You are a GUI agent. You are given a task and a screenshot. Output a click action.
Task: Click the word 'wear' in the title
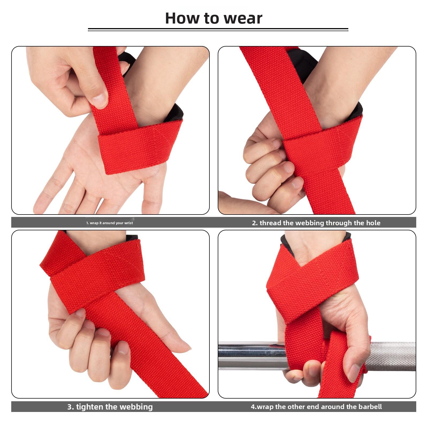pyautogui.click(x=243, y=18)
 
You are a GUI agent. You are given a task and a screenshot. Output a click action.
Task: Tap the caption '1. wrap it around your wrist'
pyautogui.click(x=109, y=223)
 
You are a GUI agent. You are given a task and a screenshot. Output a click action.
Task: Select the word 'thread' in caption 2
pyautogui.click(x=270, y=223)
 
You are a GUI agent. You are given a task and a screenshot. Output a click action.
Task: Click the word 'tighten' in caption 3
pyautogui.click(x=90, y=407)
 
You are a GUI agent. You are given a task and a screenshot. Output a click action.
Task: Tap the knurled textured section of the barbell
pyautogui.click(x=393, y=356)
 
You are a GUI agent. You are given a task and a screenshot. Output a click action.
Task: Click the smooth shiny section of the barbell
pyautogui.click(x=246, y=356)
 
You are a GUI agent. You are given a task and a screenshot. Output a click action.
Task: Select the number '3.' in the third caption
pyautogui.click(x=71, y=407)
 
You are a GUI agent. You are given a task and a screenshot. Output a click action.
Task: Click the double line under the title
pyautogui.click(x=218, y=30)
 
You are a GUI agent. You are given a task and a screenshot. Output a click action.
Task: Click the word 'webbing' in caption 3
pyautogui.click(x=136, y=407)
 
